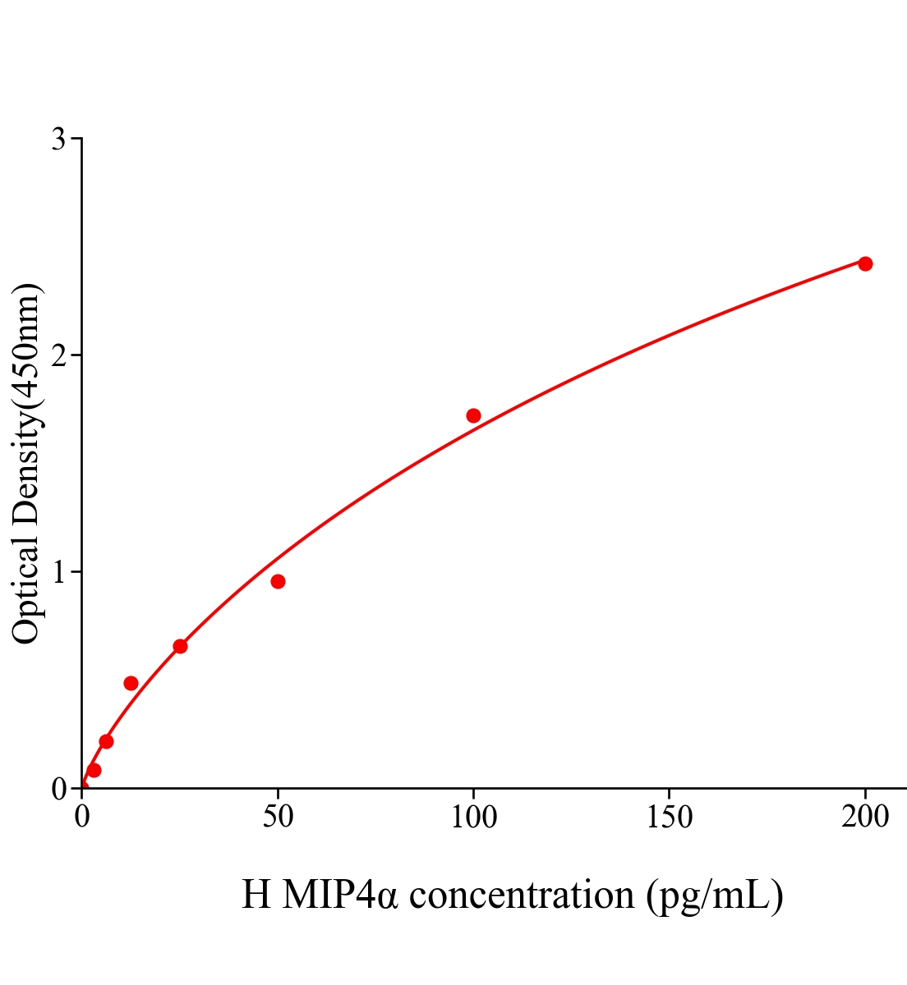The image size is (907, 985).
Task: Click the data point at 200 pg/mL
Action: pyautogui.click(x=864, y=263)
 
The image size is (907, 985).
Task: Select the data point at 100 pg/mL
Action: pyautogui.click(x=473, y=415)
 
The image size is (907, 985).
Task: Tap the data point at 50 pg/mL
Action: pyautogui.click(x=278, y=581)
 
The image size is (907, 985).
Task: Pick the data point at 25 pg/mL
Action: pyautogui.click(x=180, y=646)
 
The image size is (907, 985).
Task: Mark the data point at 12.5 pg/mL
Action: pyautogui.click(x=131, y=683)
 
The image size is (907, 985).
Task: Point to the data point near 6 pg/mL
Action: pyautogui.click(x=106, y=741)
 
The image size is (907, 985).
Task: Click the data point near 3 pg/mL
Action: pyautogui.click(x=94, y=770)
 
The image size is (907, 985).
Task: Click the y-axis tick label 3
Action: pyautogui.click(x=58, y=140)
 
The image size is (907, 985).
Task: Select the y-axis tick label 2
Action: pyautogui.click(x=58, y=355)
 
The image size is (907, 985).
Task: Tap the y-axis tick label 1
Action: pyautogui.click(x=58, y=572)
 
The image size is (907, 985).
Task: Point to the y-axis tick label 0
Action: pyautogui.click(x=58, y=789)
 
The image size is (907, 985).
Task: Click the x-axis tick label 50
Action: pyautogui.click(x=278, y=818)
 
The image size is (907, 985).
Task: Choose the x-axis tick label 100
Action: pyautogui.click(x=473, y=818)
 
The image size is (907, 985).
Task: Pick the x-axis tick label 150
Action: pyautogui.click(x=669, y=818)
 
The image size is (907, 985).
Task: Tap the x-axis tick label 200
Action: pyautogui.click(x=864, y=818)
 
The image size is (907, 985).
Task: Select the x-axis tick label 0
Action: pyautogui.click(x=82, y=818)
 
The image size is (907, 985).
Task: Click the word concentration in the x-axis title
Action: pyautogui.click(x=522, y=895)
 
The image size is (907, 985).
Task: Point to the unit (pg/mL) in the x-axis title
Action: pyautogui.click(x=714, y=895)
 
